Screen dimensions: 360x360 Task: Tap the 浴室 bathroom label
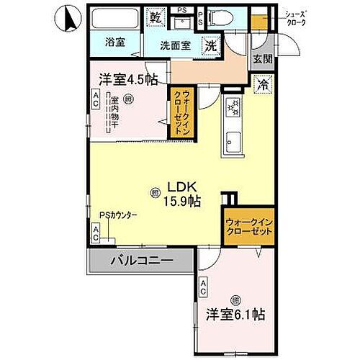click(x=115, y=42)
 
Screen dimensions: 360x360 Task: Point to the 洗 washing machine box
click(x=210, y=43)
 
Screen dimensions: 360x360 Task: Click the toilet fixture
click(x=222, y=17)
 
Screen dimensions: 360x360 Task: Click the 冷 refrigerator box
click(x=264, y=83)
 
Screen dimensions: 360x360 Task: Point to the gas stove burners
click(x=234, y=108)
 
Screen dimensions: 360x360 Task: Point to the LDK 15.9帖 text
click(x=180, y=194)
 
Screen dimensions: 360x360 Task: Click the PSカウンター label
click(x=119, y=215)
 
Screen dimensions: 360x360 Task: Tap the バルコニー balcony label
click(x=141, y=260)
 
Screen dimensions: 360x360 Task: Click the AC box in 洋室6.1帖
click(x=203, y=287)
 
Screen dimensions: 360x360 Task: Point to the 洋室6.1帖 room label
click(x=237, y=315)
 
